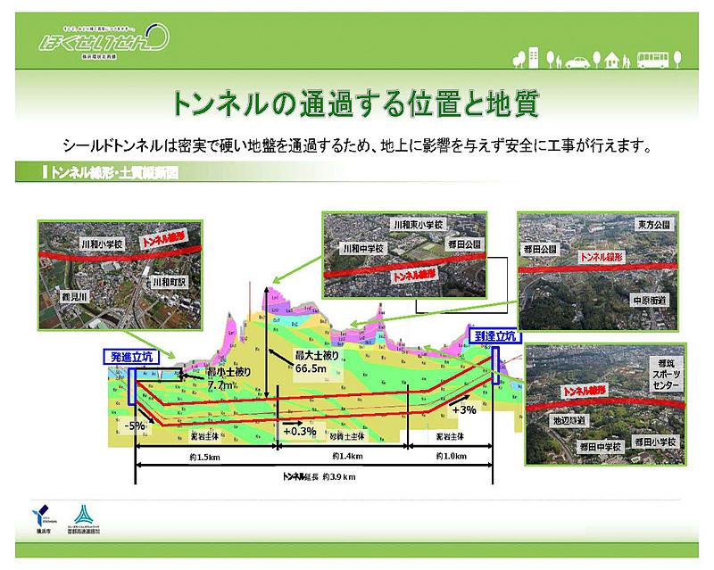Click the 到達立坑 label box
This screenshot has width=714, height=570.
click(x=497, y=335)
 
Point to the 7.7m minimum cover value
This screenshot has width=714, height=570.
click(x=219, y=386)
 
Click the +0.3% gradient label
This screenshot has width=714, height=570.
click(x=300, y=432)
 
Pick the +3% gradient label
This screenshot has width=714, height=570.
click(x=464, y=409)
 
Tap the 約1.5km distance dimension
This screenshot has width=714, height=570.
click(x=205, y=456)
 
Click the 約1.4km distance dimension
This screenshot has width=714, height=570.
click(x=345, y=456)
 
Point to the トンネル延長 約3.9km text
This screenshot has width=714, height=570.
click(x=319, y=477)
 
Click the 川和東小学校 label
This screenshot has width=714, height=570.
click(x=418, y=225)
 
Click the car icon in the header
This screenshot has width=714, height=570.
click(x=577, y=62)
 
